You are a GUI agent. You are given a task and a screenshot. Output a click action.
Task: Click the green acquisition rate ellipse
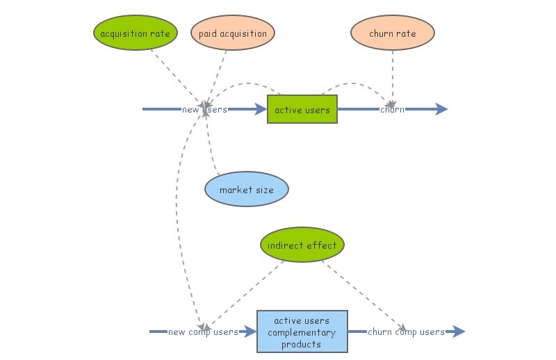(x=135, y=33)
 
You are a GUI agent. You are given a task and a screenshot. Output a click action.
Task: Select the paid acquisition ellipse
(x=232, y=33)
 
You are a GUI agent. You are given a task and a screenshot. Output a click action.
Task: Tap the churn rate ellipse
(x=392, y=33)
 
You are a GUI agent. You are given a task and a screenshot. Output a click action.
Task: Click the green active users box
(x=302, y=109)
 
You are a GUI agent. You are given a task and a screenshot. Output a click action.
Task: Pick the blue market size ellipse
(x=246, y=189)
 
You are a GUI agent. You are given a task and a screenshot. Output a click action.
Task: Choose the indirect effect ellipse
(x=302, y=245)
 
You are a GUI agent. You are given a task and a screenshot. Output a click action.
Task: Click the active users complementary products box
(x=302, y=332)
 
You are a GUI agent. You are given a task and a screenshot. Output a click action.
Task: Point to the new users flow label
(x=204, y=109)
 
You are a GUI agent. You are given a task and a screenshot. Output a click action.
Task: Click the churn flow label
(x=392, y=109)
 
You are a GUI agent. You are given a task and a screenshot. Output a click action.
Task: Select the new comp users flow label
(x=202, y=332)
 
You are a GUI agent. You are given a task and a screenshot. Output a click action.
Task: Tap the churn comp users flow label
(x=406, y=332)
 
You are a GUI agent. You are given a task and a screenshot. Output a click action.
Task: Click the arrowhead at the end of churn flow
(x=441, y=109)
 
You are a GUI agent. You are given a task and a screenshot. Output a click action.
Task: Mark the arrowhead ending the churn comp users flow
(x=459, y=332)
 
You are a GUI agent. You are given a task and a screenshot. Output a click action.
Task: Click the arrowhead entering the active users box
(x=261, y=109)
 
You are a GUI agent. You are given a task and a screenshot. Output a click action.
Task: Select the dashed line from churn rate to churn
(x=393, y=76)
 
